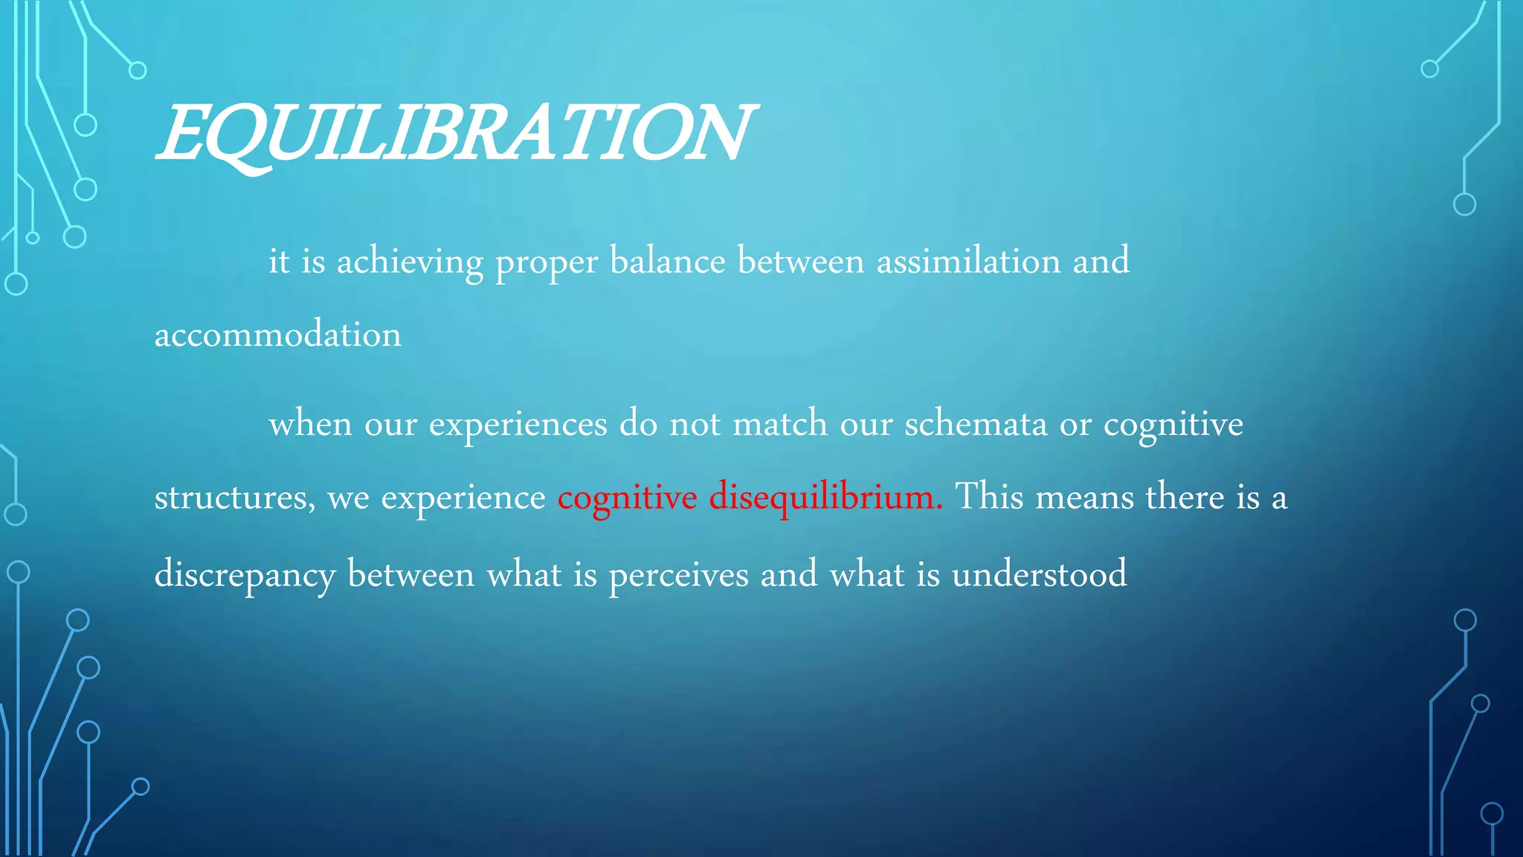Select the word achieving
coord(410,263)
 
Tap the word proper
coord(547,263)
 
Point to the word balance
coord(667,261)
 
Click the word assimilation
coord(968,261)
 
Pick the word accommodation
coord(277,335)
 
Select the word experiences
coord(518,425)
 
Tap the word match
coord(780,423)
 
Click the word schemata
coord(976,423)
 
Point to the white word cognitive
coord(1173,425)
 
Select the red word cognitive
coord(627,498)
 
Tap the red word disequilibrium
coord(825,498)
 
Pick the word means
coord(1084,498)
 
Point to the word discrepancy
coord(245,575)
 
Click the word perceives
coord(678,575)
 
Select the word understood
coord(1039,574)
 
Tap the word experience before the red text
coord(463,498)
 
